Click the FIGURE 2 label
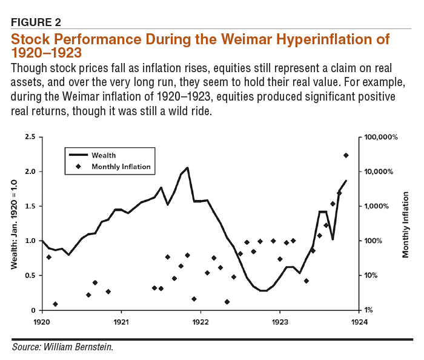36,22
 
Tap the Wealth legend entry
104,156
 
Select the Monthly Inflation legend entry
121,166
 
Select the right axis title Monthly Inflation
406,224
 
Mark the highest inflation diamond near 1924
346,156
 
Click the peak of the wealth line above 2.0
187,168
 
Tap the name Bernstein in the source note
95,347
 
